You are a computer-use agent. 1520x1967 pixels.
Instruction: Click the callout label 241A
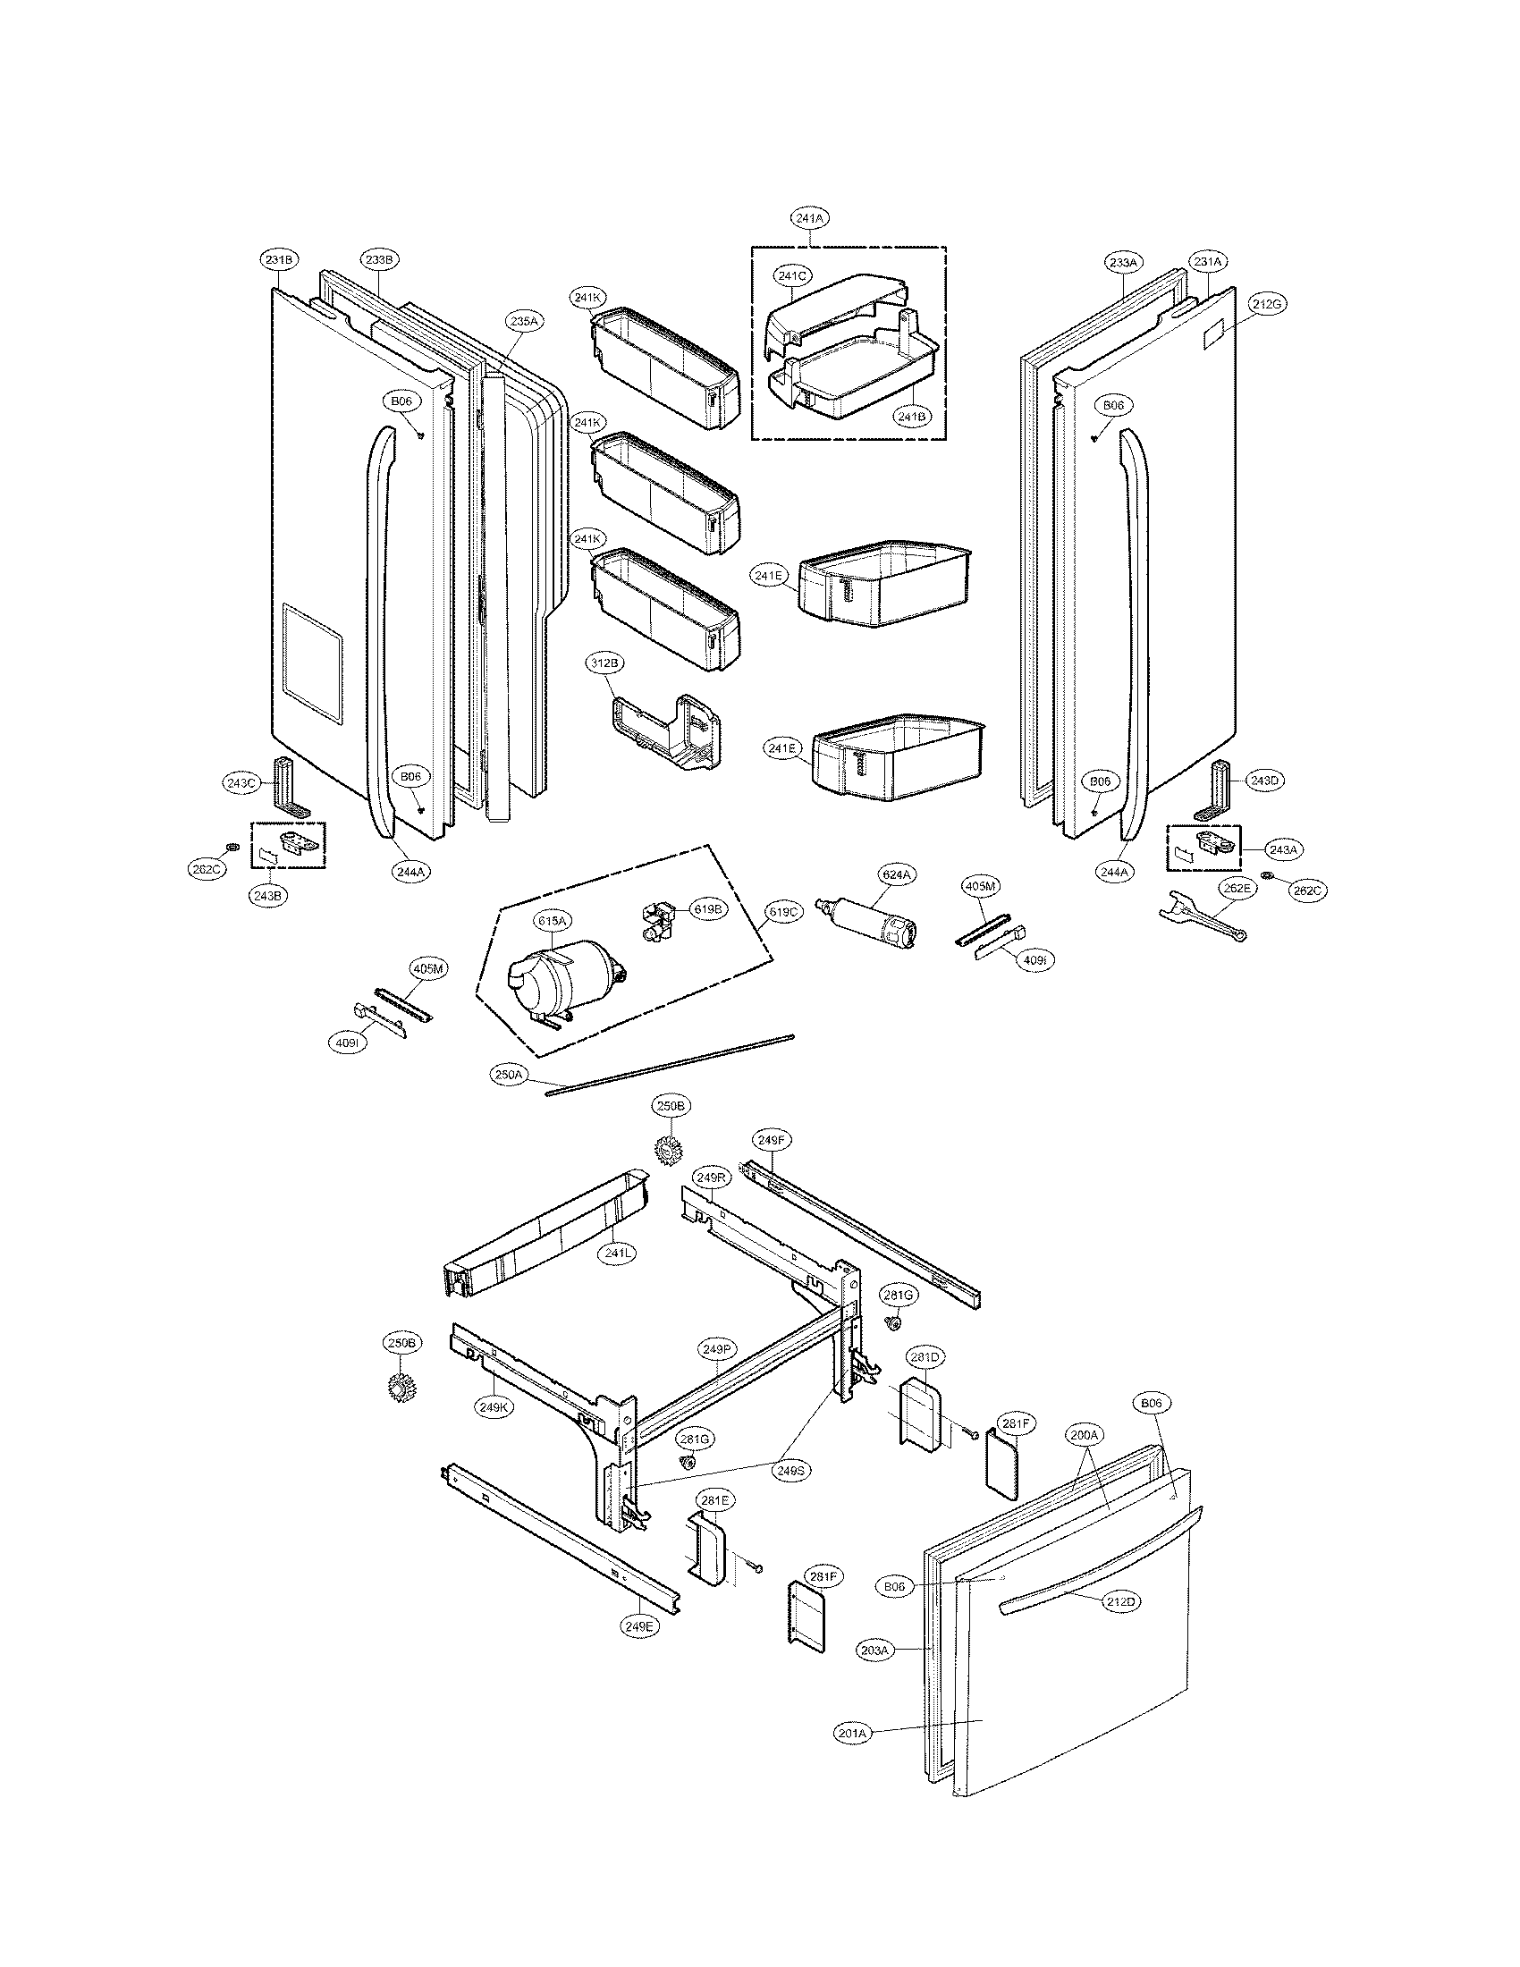(810, 217)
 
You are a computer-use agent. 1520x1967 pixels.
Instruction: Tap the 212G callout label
(1265, 304)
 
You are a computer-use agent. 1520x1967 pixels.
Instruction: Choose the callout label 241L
(616, 1252)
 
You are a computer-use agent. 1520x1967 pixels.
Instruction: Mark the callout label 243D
(1263, 781)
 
